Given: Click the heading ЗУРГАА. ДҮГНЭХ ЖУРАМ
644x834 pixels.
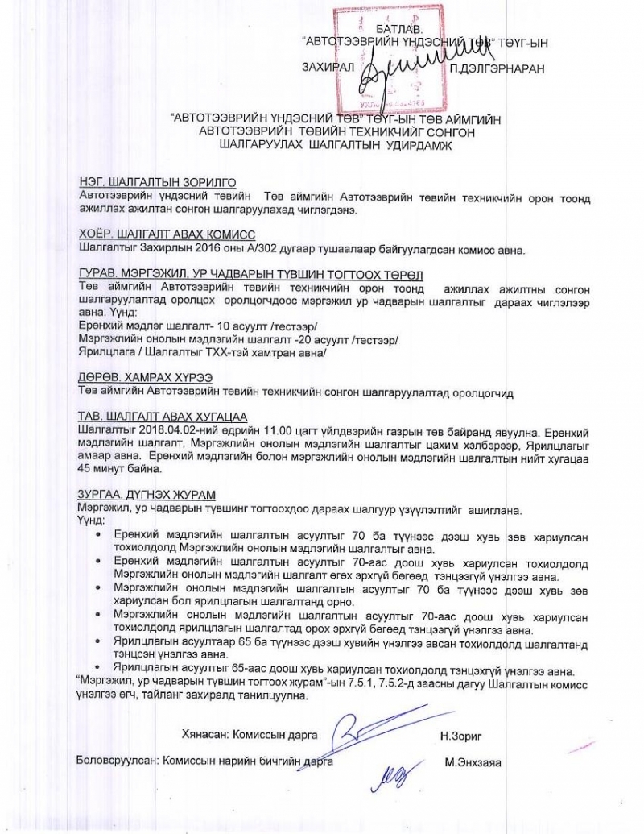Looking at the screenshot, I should [147, 493].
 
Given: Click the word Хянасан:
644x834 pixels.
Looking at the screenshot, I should [205, 735].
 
